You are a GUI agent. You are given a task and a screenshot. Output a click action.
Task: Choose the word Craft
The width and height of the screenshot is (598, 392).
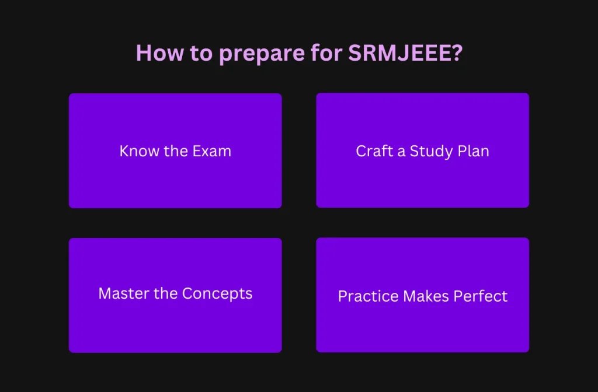point(374,151)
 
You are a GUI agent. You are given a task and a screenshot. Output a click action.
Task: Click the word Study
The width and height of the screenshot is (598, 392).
point(431,152)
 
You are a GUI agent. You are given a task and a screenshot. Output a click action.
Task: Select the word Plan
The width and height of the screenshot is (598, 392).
point(474,151)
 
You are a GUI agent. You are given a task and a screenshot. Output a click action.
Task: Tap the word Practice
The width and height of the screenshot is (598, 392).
point(366,296)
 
